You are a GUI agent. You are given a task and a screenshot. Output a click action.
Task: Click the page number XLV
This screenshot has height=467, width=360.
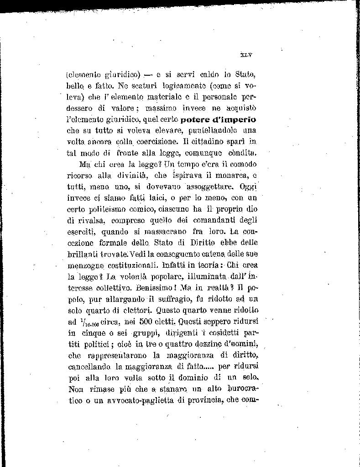(x=245, y=55)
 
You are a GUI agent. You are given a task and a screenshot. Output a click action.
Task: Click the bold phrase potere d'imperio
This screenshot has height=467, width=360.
(x=218, y=120)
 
